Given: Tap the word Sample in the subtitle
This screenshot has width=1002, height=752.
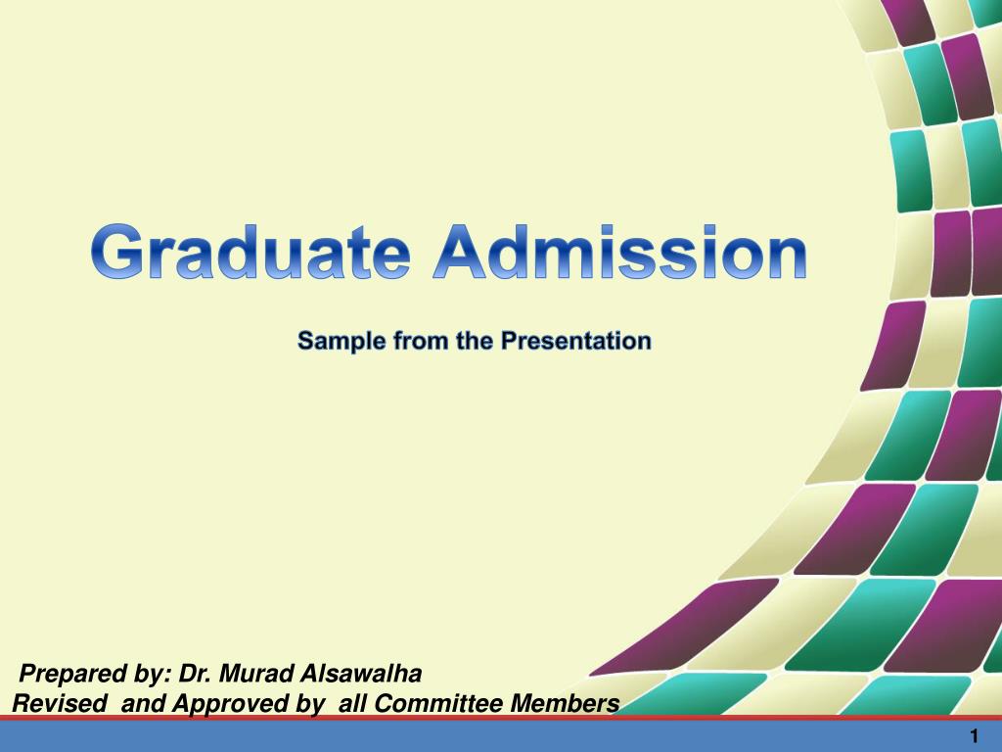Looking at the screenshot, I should pyautogui.click(x=331, y=342).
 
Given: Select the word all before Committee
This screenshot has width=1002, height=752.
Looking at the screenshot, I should pyautogui.click(x=353, y=704).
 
